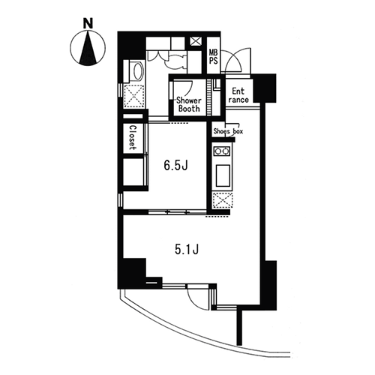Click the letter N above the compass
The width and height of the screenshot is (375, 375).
[88, 23]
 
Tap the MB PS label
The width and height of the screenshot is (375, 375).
[214, 56]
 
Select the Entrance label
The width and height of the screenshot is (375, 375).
[238, 95]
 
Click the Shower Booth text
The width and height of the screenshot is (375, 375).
[189, 104]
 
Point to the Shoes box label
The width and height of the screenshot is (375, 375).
[228, 131]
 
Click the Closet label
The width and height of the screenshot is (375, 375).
[133, 137]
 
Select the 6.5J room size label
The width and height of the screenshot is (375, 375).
[175, 166]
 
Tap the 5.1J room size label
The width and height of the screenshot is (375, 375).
[187, 249]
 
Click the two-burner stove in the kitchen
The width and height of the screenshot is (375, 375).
[222, 151]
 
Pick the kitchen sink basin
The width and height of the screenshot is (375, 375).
[223, 175]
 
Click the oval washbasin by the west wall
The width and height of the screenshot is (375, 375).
[138, 71]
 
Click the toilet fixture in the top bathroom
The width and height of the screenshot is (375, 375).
[175, 61]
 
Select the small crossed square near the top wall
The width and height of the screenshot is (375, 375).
[195, 41]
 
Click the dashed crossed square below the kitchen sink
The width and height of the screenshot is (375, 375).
[222, 201]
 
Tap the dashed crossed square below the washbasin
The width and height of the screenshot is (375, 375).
[134, 96]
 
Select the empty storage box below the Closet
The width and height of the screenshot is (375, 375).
[133, 172]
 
